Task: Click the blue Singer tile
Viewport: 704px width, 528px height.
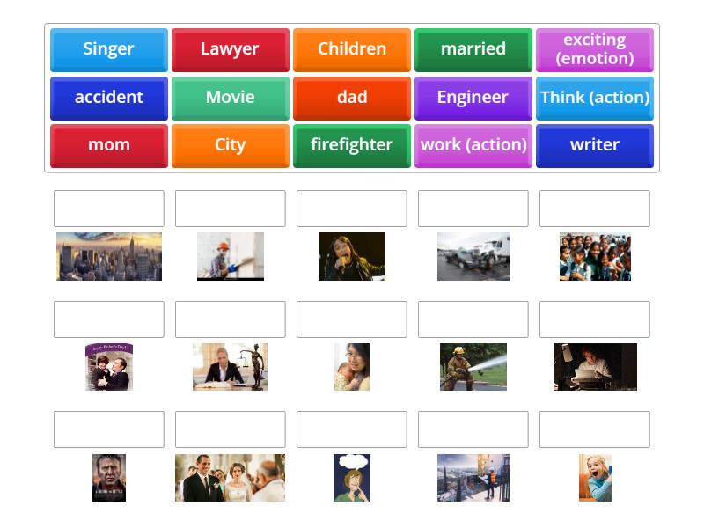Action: click(108, 49)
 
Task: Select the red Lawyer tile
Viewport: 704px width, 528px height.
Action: click(230, 49)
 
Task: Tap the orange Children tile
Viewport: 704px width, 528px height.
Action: click(351, 49)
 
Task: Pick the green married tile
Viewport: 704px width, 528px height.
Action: click(473, 49)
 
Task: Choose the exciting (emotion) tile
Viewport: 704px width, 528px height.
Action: click(594, 49)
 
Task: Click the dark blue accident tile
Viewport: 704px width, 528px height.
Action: click(108, 98)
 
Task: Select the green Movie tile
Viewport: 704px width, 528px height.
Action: click(230, 98)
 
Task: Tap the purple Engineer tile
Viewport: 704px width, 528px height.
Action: click(473, 98)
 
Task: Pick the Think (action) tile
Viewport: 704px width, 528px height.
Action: click(594, 98)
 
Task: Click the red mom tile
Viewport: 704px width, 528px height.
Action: click(108, 145)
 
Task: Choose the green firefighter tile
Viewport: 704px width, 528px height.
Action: click(351, 145)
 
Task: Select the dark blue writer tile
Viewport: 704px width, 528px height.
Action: click(594, 145)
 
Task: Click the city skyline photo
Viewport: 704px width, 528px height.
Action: click(109, 256)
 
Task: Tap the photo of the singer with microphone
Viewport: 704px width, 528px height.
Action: click(351, 256)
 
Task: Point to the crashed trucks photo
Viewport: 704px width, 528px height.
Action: click(473, 256)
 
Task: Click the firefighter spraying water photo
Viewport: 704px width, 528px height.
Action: click(473, 367)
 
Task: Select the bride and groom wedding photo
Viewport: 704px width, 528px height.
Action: click(230, 478)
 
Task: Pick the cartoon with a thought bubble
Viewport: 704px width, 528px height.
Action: click(351, 478)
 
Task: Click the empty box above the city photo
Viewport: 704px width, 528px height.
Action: click(109, 209)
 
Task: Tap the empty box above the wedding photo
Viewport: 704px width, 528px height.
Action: click(230, 429)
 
